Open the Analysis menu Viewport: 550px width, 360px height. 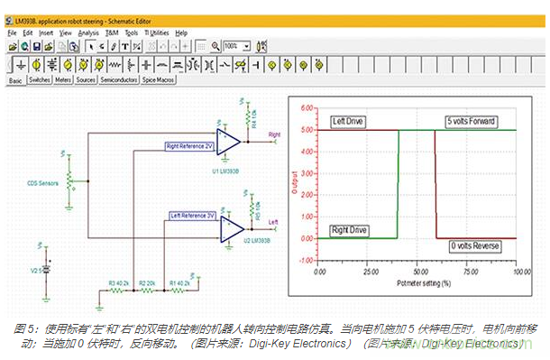(88, 32)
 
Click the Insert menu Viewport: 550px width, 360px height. (46, 32)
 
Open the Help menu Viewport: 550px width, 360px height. (181, 32)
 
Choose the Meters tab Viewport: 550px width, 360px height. (64, 80)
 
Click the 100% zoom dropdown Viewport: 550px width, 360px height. (237, 46)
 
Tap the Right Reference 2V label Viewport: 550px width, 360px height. (188, 143)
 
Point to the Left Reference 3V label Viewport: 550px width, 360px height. (193, 216)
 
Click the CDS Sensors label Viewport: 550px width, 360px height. (43, 182)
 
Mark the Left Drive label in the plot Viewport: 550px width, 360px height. (348, 121)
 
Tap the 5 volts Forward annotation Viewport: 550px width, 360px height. (473, 121)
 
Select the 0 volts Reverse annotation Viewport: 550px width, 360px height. (476, 245)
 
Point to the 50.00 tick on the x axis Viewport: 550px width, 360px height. (418, 270)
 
